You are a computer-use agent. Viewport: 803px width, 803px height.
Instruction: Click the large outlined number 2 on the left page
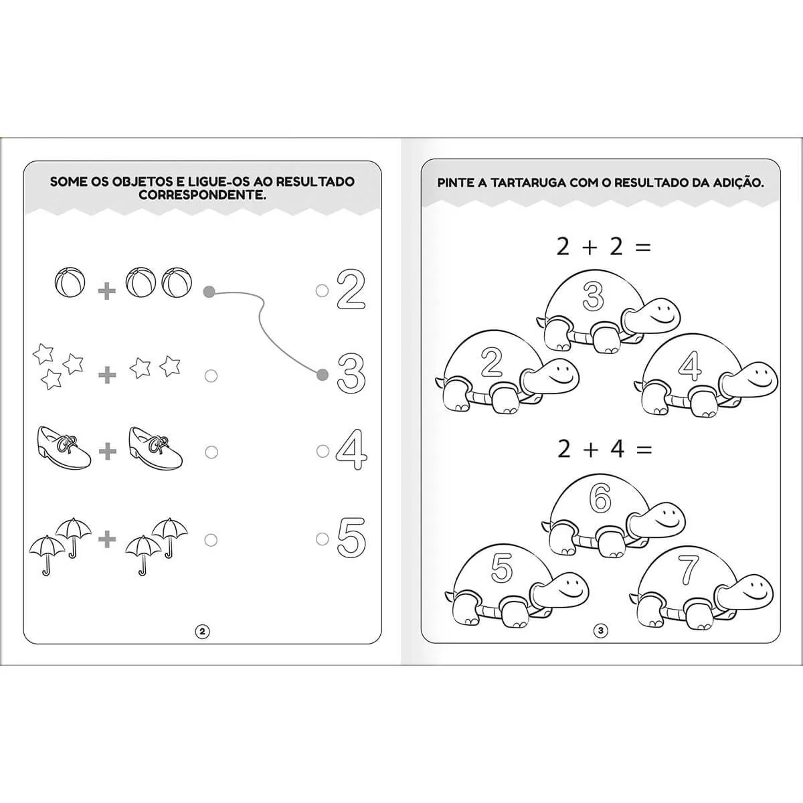[351, 290]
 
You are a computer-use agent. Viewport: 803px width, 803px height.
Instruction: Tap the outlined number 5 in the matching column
[351, 537]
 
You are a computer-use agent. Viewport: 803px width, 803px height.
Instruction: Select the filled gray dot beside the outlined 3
[322, 375]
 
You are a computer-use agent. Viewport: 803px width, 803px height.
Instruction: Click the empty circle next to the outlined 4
[323, 451]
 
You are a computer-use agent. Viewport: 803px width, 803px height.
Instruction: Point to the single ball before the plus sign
[70, 282]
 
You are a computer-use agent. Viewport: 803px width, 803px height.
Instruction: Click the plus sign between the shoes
[108, 451]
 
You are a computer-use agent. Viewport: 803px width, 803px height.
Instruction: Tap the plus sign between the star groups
[107, 375]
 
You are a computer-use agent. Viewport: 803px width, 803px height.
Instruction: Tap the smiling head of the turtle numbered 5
[561, 591]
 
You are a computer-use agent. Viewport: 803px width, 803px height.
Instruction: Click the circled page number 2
[203, 643]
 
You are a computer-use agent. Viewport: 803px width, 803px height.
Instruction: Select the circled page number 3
[600, 642]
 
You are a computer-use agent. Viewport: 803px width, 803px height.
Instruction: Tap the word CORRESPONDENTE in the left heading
[202, 194]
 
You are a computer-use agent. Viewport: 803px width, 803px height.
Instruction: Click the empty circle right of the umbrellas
[211, 541]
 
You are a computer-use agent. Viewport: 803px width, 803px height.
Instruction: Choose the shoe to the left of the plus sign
[64, 448]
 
